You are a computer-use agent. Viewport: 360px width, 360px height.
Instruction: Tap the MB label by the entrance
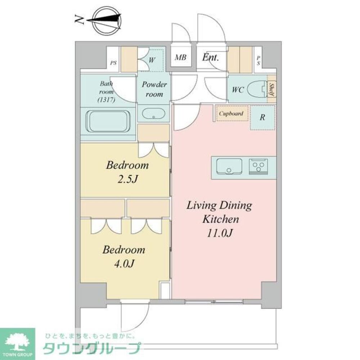[180, 58]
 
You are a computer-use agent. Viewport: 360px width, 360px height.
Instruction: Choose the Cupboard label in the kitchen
[231, 114]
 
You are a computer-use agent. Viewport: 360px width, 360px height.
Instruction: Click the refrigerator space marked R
[263, 117]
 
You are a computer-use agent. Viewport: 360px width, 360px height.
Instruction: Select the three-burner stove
[258, 166]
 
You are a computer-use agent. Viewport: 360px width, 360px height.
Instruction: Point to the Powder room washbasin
[153, 114]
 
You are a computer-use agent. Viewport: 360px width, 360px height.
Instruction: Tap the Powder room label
[154, 89]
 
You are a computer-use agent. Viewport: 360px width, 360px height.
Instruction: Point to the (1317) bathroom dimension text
[106, 100]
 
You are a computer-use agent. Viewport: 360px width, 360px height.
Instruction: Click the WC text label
[238, 90]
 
